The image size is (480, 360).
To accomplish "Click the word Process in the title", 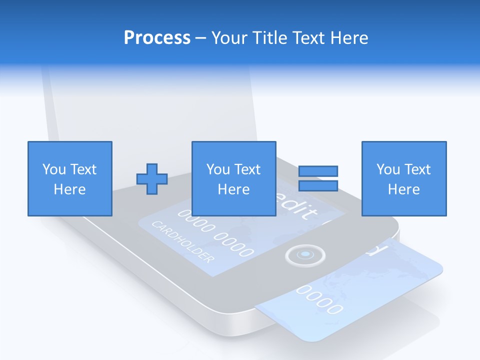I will coord(157,38).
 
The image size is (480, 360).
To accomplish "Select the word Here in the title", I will coord(348,38).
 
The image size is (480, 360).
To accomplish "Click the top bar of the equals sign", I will coord(318,171).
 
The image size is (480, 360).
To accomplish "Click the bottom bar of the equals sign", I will coord(318,186).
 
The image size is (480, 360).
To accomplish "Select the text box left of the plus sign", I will coord(69,178).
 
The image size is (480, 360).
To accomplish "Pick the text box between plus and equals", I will coord(233,178).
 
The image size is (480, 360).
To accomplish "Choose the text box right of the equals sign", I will coord(403,178).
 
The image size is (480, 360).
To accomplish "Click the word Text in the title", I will coord(307,38).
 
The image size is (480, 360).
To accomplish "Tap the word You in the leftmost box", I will coord(54,169).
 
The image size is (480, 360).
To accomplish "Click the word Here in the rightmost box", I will coord(403,189).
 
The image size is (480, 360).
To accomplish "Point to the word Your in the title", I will coord(229,38).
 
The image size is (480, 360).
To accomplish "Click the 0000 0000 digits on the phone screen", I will coord(215,232).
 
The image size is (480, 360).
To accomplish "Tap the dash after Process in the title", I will coord(200,38).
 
